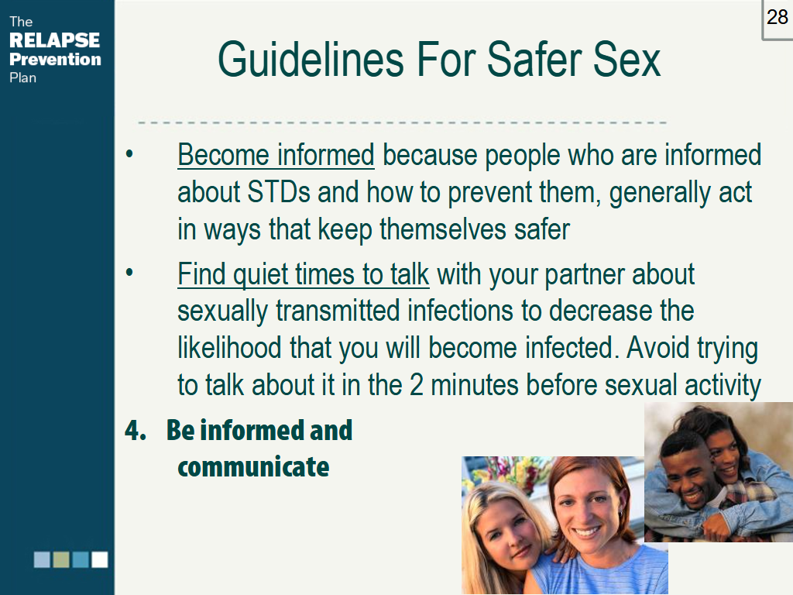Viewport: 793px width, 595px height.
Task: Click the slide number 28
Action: [x=777, y=17]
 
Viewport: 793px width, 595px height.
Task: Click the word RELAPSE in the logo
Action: [x=54, y=40]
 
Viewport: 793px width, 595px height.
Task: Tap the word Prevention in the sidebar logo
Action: [x=55, y=59]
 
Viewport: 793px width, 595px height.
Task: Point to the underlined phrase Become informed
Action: [x=276, y=155]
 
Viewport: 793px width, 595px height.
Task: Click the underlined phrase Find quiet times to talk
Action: [x=303, y=274]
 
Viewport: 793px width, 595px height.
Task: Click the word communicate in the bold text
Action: [x=253, y=467]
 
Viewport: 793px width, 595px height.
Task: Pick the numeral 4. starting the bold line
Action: [x=136, y=431]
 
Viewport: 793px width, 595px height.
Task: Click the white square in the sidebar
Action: [x=100, y=559]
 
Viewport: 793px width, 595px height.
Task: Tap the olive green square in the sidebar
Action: [x=61, y=559]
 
